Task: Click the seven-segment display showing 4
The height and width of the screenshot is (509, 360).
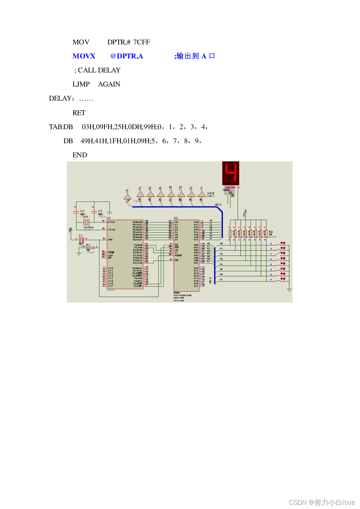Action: pos(231,173)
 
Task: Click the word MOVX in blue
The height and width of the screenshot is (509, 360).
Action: pos(84,56)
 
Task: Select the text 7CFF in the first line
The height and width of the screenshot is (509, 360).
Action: pos(142,42)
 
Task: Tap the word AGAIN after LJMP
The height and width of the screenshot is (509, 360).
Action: pos(109,84)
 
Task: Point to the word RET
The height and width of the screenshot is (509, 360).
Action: pos(79,113)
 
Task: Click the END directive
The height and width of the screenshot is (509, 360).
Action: pos(80,155)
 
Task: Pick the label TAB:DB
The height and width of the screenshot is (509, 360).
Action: pos(61,127)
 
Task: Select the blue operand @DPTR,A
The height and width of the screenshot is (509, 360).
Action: pos(127,56)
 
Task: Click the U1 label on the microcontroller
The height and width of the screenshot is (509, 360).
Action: pos(109,218)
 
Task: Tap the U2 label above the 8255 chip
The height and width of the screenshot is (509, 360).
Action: pos(176,218)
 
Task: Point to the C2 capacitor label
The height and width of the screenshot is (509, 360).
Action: pos(82,211)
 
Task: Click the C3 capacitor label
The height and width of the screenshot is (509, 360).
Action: pos(100,211)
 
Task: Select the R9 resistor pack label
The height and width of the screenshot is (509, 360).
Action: pos(270,232)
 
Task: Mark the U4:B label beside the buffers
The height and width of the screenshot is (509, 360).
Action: pos(211,193)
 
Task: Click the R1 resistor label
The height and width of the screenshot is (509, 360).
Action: pos(88,245)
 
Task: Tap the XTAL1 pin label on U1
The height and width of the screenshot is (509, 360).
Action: pos(111,222)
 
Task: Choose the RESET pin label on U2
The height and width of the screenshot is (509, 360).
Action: pos(179,255)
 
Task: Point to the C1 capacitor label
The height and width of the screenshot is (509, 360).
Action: pos(80,236)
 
